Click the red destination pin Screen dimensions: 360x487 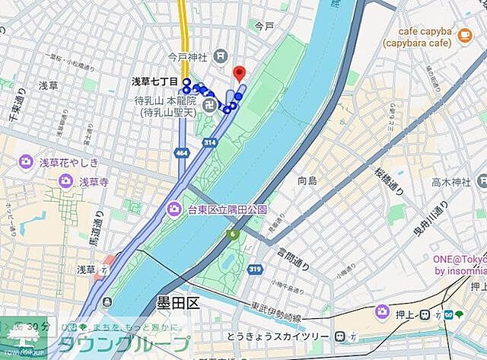(x=239, y=74)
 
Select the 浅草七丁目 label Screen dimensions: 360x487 (x=154, y=81)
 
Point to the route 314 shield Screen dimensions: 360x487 (x=209, y=142)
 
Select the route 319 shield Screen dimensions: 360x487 (x=255, y=269)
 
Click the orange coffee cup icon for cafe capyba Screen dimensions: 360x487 (x=463, y=33)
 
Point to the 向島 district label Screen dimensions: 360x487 (x=307, y=180)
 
